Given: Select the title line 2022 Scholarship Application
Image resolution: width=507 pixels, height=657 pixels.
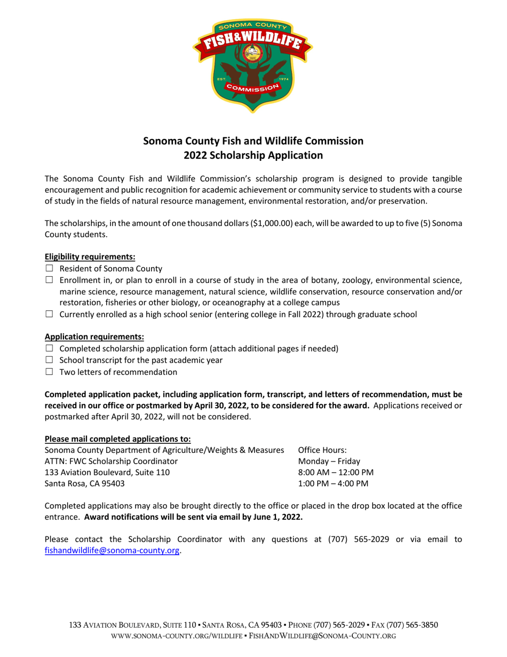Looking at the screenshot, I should click(x=253, y=156).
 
